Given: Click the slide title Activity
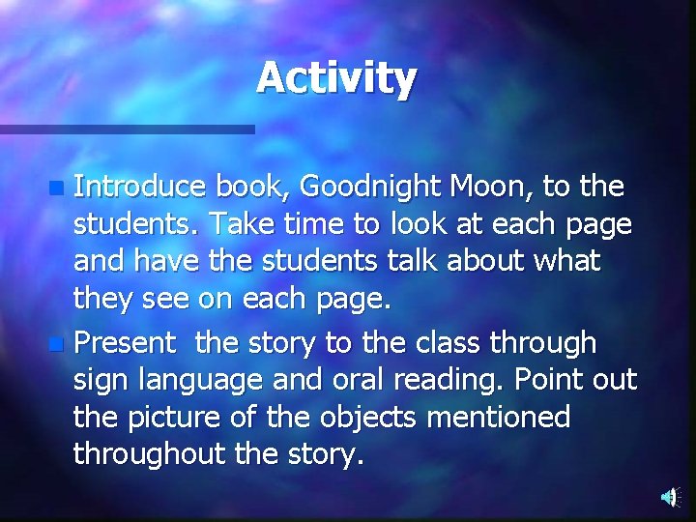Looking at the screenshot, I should tap(336, 77).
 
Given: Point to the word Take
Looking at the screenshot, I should tap(242, 223).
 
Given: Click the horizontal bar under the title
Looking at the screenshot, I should tap(126, 129).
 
